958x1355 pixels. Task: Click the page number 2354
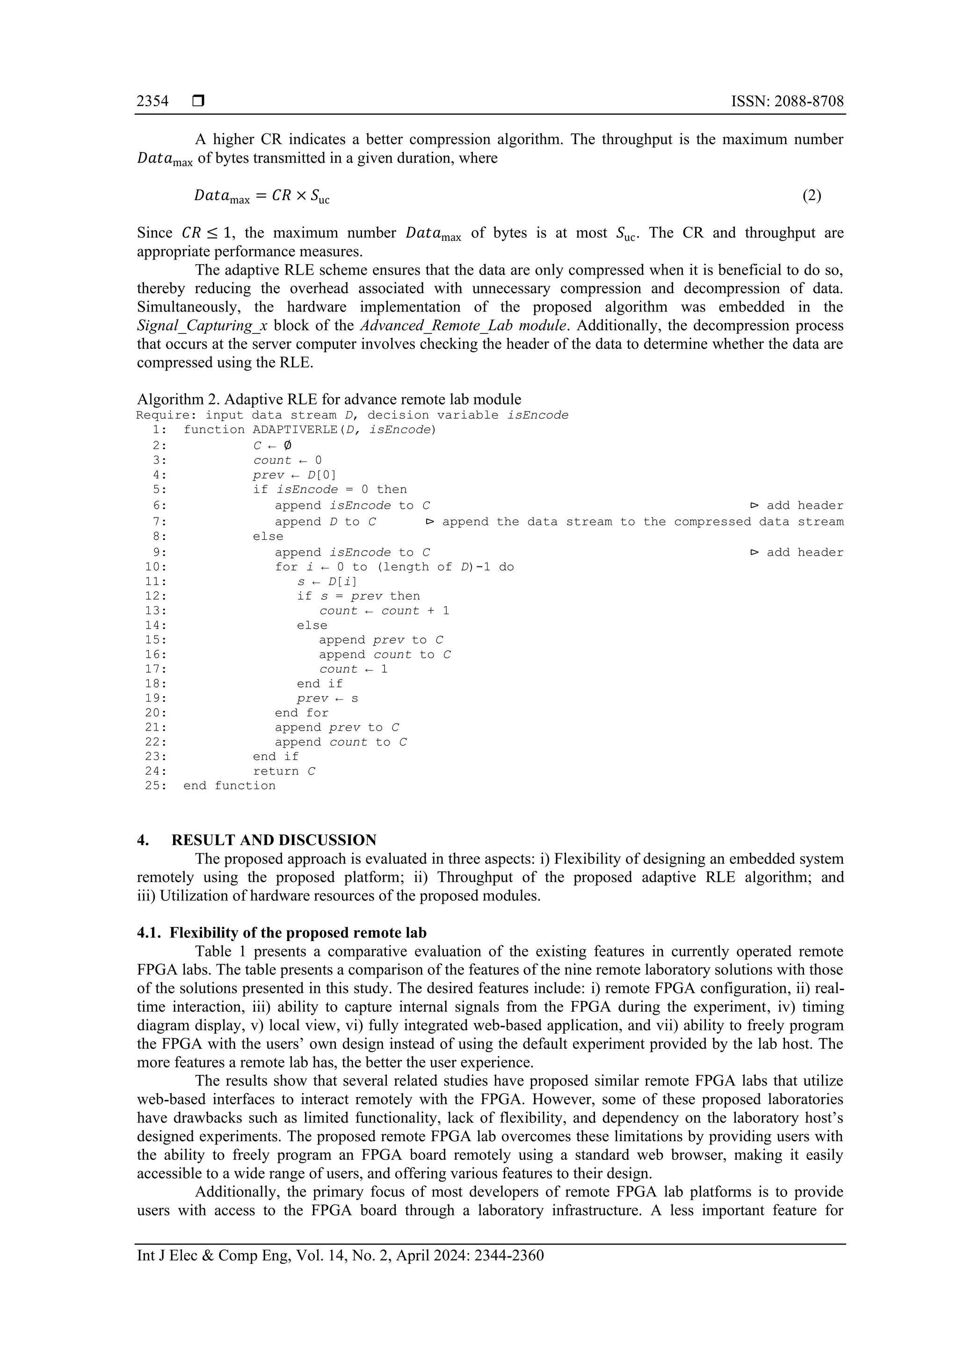152,101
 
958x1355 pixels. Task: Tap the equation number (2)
812,196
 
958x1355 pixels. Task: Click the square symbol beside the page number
198,101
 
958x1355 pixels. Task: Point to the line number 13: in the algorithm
156,611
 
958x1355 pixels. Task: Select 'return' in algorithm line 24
276,771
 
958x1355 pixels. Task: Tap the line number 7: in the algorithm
160,522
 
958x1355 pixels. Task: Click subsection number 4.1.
149,933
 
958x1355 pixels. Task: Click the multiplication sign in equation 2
300,196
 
